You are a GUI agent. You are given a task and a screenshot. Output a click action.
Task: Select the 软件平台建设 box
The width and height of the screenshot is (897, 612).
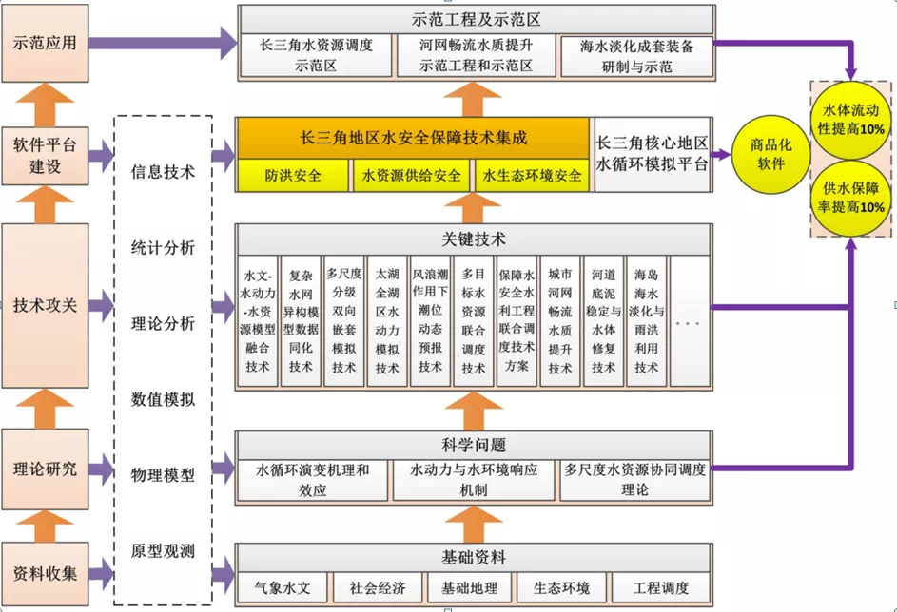pyautogui.click(x=45, y=155)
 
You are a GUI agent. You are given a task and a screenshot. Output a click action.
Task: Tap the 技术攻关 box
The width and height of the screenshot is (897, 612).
pyautogui.click(x=45, y=305)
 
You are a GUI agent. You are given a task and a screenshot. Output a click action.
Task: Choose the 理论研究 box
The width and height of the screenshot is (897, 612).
pyautogui.click(x=45, y=469)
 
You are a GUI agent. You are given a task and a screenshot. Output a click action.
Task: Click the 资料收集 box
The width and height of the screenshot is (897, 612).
pyautogui.click(x=45, y=573)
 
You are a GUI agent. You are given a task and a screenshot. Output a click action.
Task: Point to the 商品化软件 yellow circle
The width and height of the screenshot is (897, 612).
pyautogui.click(x=767, y=155)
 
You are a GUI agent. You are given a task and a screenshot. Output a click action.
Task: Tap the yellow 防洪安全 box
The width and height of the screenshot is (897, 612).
pyautogui.click(x=293, y=176)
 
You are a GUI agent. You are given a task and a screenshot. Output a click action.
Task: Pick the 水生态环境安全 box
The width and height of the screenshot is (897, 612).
pyautogui.click(x=531, y=176)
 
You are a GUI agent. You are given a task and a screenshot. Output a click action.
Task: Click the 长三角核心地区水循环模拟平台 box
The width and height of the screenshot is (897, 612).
pyautogui.click(x=653, y=154)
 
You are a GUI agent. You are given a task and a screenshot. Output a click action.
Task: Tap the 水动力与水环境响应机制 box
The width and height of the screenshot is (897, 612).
pyautogui.click(x=474, y=480)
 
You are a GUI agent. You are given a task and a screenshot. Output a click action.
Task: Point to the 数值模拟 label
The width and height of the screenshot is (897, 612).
pyautogui.click(x=163, y=399)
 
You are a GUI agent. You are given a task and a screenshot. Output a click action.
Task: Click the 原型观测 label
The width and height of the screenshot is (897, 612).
pyautogui.click(x=163, y=550)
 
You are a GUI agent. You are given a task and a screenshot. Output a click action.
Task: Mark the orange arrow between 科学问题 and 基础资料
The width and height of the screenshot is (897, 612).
pyautogui.click(x=474, y=522)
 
